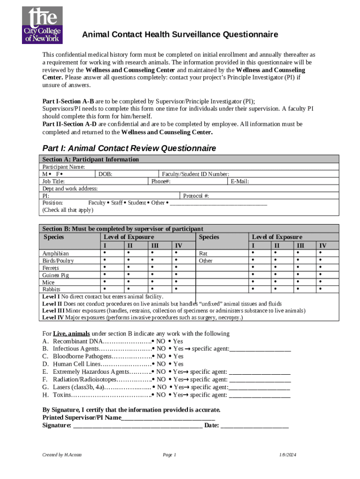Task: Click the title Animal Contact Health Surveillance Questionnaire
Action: tap(180, 35)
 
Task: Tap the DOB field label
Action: tap(105, 174)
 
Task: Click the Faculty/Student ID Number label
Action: tap(195, 174)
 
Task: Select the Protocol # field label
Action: tap(196, 196)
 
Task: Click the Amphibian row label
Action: tap(56, 254)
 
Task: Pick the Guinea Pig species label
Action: tap(56, 276)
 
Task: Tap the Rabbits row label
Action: tap(51, 290)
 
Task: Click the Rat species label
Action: tap(203, 254)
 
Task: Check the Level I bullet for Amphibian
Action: tap(104, 253)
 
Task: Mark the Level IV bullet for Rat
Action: tap(320, 253)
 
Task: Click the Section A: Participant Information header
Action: tap(91, 160)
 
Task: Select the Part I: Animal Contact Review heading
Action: tap(129, 148)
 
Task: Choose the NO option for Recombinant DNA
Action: tap(159, 341)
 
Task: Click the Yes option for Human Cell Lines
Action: tap(176, 364)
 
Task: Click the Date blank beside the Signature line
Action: tap(254, 425)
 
